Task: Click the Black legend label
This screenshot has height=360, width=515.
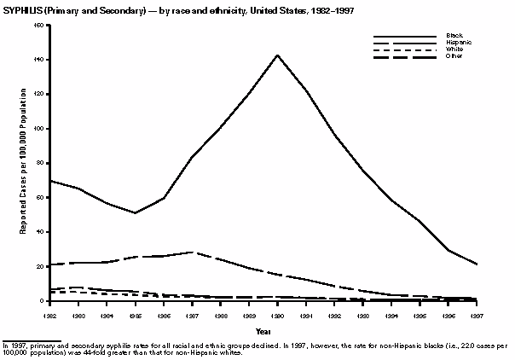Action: [x=454, y=35]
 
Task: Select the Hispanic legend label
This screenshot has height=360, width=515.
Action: [x=459, y=42]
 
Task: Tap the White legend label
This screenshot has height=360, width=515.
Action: [x=454, y=49]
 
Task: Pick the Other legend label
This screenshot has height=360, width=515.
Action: [x=454, y=55]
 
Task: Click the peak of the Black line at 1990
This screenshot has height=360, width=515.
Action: [x=277, y=55]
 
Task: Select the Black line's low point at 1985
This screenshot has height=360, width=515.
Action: [x=135, y=212]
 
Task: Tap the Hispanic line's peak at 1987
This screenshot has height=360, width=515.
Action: [x=192, y=252]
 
